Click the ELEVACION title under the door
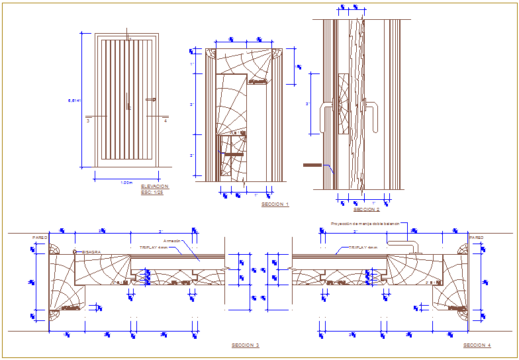[155, 187]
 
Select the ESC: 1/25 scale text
[152, 193]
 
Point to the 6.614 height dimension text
[74, 101]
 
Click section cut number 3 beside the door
[87, 121]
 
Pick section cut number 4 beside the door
[165, 121]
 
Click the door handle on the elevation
[154, 100]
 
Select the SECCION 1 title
[275, 204]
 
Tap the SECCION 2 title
[367, 209]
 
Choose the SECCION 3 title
[246, 345]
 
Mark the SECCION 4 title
[477, 345]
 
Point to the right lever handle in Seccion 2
[373, 116]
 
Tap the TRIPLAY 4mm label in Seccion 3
[153, 247]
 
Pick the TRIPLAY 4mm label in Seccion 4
[363, 247]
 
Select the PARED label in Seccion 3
[39, 237]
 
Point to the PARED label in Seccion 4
[476, 237]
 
